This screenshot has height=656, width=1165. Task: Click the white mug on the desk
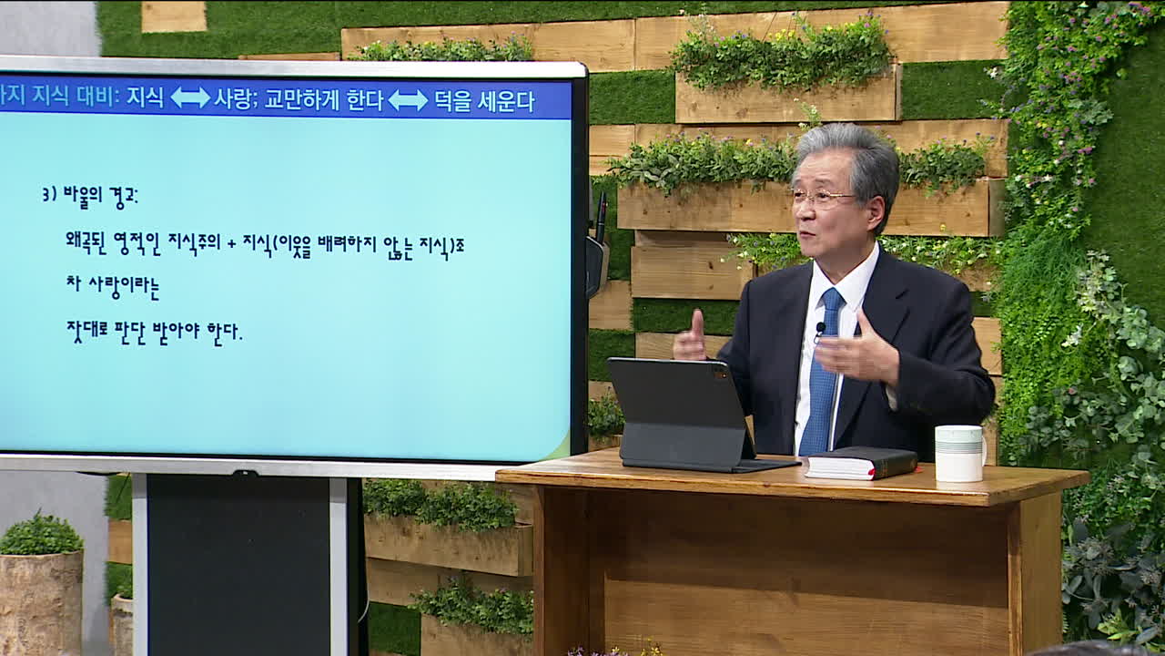(x=959, y=453)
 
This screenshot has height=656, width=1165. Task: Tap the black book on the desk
(x=861, y=462)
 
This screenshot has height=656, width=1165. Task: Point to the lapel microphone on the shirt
(x=820, y=329)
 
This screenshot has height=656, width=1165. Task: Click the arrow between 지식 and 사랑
(x=190, y=97)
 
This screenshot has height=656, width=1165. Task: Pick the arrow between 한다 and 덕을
(x=408, y=100)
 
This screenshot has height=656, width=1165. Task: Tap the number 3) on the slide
(x=49, y=195)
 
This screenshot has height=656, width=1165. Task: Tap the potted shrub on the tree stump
(x=41, y=534)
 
